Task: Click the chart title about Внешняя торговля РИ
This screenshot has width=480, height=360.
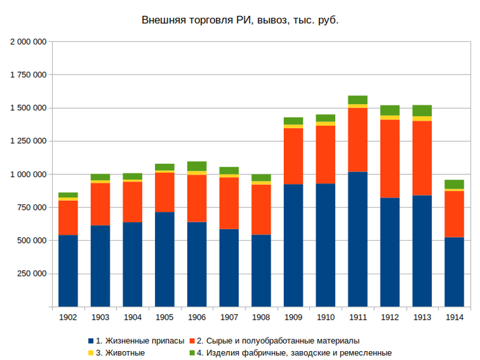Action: tap(240, 20)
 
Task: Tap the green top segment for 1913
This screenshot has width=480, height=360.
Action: tap(422, 110)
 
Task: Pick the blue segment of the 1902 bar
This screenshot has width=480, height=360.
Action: tap(68, 271)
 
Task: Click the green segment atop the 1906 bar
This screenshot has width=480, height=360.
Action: tap(197, 166)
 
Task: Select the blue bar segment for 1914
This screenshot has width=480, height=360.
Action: tap(454, 272)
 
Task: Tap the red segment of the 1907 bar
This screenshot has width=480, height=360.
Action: tap(229, 203)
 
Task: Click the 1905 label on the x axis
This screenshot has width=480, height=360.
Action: tap(165, 317)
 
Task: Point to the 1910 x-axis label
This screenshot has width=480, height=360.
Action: tap(326, 317)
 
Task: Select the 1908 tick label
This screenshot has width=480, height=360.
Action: tap(261, 317)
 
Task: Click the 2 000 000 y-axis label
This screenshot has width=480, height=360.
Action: tap(28, 42)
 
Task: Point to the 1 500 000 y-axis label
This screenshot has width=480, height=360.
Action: tap(28, 108)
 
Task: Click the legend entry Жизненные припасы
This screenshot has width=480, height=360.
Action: tap(140, 340)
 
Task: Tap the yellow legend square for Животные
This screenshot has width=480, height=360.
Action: tap(91, 352)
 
